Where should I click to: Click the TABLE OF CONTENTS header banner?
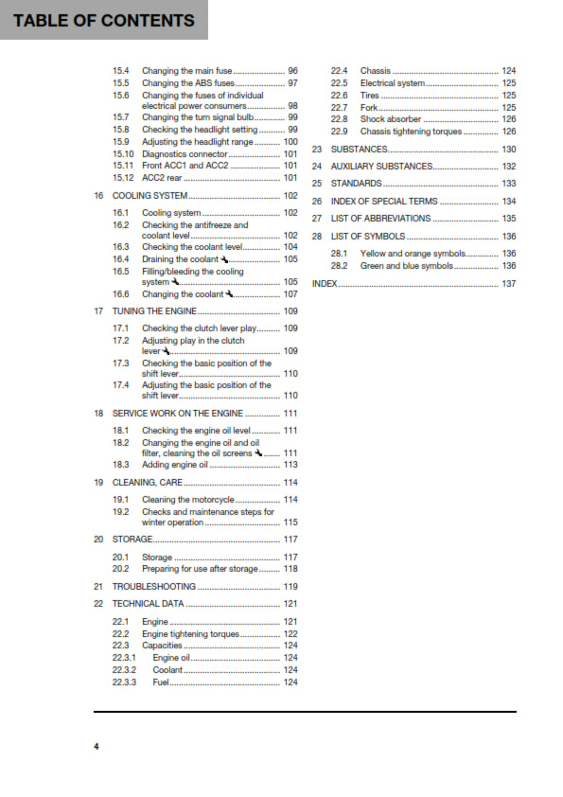(103, 20)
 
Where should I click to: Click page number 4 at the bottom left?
(96, 747)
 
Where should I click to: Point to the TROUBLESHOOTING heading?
(154, 587)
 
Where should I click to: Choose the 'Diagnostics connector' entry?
(185, 153)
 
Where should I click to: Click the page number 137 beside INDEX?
(508, 284)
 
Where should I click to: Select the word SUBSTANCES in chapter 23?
(359, 150)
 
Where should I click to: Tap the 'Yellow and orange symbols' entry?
(413, 254)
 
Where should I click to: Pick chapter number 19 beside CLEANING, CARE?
(98, 483)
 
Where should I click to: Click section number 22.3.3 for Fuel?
(124, 682)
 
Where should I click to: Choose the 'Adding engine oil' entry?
(174, 465)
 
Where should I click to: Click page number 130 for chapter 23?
(508, 150)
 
